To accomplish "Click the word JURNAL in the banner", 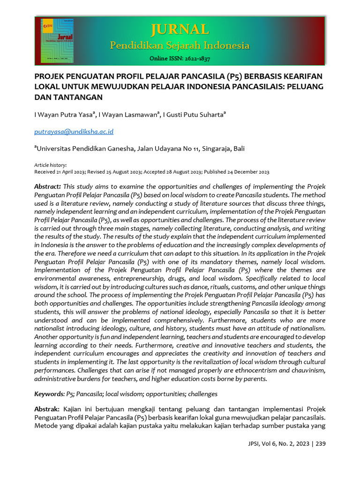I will tap(180, 30).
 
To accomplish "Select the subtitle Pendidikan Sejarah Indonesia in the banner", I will tap(180, 45).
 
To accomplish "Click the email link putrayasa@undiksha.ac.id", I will tap(74, 132).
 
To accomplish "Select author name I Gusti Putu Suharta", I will tap(194, 115).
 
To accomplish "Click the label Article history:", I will tap(51, 165).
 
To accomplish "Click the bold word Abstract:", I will tap(48, 187).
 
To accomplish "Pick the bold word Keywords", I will tap(49, 394).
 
